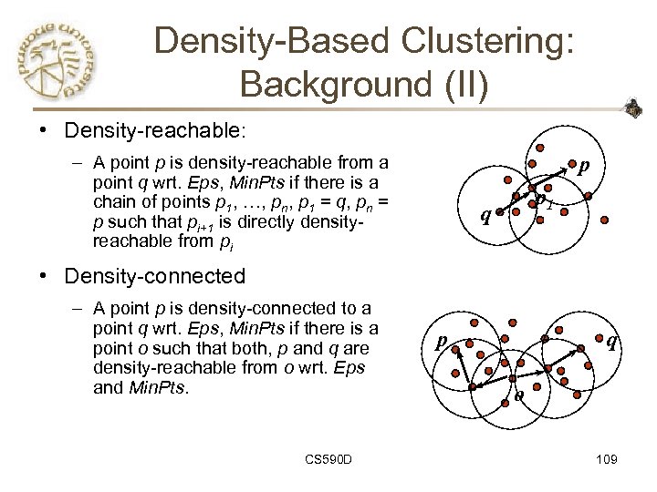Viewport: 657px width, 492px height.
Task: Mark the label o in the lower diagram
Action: click(x=517, y=395)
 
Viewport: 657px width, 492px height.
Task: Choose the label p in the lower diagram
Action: click(x=441, y=342)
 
